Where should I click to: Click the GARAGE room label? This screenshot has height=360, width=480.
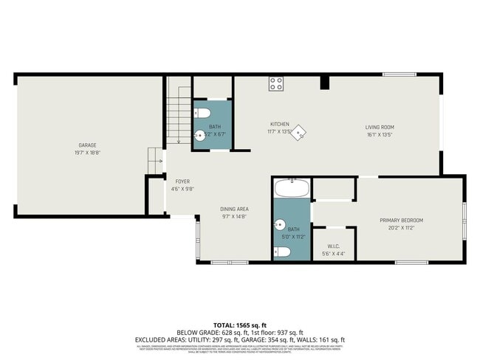pyautogui.click(x=88, y=145)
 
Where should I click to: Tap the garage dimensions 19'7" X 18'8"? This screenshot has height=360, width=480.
pyautogui.click(x=88, y=153)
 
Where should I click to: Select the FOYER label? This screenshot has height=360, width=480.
pyautogui.click(x=182, y=181)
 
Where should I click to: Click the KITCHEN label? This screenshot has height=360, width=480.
pyautogui.click(x=279, y=124)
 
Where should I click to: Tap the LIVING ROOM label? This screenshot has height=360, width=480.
pyautogui.click(x=378, y=127)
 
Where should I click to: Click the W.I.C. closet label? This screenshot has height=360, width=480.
pyautogui.click(x=334, y=246)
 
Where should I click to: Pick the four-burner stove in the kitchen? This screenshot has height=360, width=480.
pyautogui.click(x=276, y=83)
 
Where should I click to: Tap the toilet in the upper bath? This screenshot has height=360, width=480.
pyautogui.click(x=205, y=113)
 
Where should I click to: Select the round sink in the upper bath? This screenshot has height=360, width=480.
pyautogui.click(x=199, y=136)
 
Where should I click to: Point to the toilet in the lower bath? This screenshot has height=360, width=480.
pyautogui.click(x=282, y=252)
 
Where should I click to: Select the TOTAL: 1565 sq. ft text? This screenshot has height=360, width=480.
pyautogui.click(x=239, y=325)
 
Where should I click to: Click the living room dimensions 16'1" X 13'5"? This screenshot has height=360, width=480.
pyautogui.click(x=378, y=135)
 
